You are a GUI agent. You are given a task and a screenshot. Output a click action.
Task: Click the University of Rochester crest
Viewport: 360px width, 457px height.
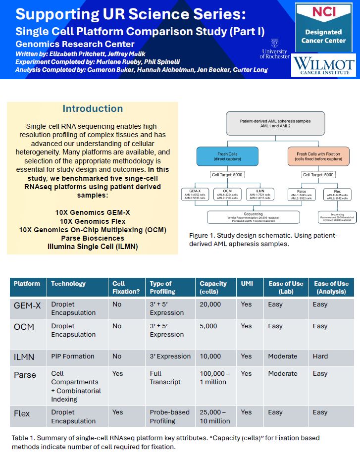pos(274,44)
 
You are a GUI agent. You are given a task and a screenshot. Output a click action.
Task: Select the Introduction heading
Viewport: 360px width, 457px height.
pos(93,109)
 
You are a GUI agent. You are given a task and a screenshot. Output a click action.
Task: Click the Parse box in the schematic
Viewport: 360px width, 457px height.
pos(302,194)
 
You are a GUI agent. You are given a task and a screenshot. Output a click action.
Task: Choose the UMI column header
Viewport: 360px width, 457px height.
pos(247,284)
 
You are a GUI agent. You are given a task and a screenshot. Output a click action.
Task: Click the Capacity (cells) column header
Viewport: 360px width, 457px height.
pos(213,288)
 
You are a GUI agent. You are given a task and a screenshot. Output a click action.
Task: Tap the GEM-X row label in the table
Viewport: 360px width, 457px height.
pos(27,305)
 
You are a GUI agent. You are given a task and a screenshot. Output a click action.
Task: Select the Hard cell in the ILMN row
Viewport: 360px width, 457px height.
pos(320,356)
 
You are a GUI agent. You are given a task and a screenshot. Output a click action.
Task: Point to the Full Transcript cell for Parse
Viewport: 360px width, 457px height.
pos(165,378)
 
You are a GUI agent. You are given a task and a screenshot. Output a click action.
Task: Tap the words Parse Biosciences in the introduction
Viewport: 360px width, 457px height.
pos(93,238)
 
